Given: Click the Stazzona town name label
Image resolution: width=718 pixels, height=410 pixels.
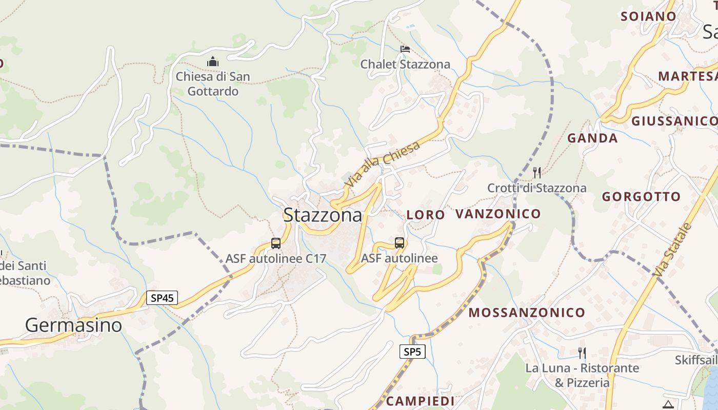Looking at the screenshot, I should click(x=323, y=215).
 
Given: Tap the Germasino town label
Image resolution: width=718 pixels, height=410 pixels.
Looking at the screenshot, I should click(x=73, y=325).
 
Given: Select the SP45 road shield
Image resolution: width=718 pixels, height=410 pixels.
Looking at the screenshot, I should click(x=162, y=298).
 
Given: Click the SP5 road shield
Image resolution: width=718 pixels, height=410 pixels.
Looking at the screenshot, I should click(x=412, y=352).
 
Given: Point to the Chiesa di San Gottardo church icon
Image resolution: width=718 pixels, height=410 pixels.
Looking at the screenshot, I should click(x=213, y=62).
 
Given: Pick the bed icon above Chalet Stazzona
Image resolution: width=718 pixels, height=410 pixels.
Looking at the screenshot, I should click(x=405, y=49).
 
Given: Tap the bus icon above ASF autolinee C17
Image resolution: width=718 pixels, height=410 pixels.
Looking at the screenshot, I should click(x=276, y=243).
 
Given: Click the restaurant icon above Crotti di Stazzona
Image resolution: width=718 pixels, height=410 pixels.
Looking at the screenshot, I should click(x=537, y=172).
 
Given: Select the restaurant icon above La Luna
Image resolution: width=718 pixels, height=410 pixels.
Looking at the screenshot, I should click(x=582, y=353).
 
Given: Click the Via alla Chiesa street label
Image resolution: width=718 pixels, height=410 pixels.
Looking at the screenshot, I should click(x=383, y=163).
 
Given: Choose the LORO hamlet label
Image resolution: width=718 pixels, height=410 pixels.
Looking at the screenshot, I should click(x=426, y=215).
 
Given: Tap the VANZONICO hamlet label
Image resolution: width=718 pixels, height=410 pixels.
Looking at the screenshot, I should click(x=498, y=214).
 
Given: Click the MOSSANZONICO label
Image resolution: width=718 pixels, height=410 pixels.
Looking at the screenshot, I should click(x=527, y=313).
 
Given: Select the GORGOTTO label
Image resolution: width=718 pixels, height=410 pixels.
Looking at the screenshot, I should click(x=641, y=197).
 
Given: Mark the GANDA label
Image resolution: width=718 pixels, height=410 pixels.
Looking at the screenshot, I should click(x=592, y=138).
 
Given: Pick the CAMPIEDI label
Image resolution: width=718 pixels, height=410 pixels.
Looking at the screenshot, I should click(x=420, y=401).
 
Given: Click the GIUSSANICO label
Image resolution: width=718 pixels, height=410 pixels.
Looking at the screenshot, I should click(x=674, y=121).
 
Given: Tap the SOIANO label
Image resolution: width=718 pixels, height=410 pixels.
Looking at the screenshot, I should click(x=648, y=16).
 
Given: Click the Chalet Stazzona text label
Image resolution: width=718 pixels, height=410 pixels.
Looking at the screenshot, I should click(x=405, y=65).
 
